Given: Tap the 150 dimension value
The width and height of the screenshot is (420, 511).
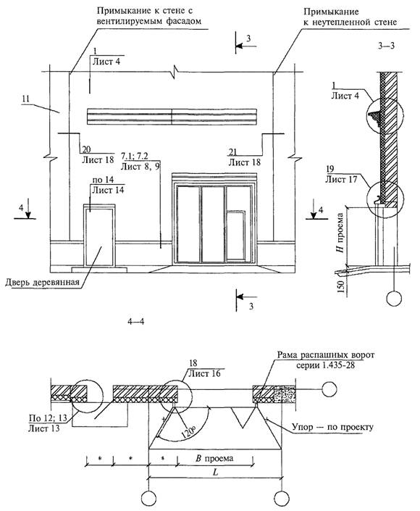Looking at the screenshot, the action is (341, 286).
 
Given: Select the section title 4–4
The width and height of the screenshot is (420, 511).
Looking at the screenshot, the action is (135, 322).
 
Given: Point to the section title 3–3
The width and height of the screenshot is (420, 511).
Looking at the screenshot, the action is (387, 46).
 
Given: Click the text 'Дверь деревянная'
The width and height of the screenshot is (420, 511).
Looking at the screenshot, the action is (42, 282).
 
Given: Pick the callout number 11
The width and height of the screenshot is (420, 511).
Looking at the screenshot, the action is (26, 99).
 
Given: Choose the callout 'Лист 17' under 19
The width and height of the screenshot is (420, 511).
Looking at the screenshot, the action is (341, 179).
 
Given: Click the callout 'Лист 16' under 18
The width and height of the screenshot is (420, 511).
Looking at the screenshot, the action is (204, 373).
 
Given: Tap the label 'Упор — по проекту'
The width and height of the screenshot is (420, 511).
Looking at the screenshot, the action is (332, 427).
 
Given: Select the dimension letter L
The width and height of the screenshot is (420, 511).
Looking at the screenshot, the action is (215, 472).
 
